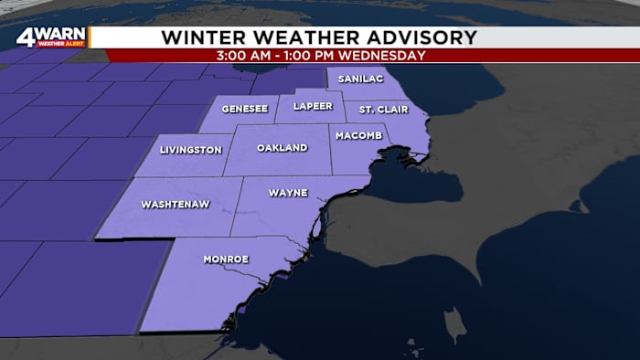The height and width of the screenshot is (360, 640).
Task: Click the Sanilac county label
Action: (360, 79)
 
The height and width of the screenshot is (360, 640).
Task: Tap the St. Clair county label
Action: (379, 110)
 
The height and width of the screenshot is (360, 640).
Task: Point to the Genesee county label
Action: (245, 108)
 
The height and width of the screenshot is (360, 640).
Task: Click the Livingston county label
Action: (189, 150)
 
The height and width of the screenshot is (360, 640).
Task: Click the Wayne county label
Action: (288, 193)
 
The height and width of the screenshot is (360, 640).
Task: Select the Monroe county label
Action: (226, 259)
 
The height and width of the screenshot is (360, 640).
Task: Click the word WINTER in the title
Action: (198, 37)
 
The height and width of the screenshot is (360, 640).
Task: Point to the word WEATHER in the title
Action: (296, 37)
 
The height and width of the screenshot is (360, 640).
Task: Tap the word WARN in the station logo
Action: (59, 35)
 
